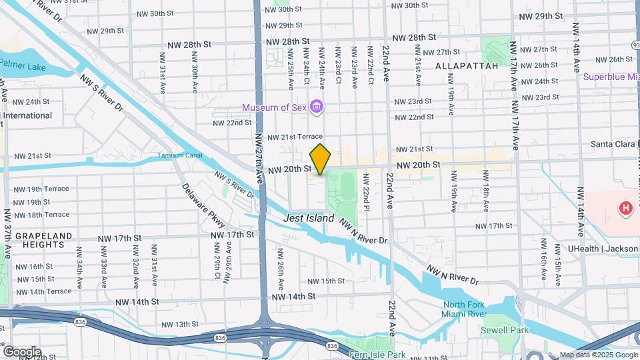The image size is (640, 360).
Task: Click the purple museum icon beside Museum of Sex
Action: point(317,107)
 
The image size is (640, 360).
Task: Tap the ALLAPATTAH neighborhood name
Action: point(467,66)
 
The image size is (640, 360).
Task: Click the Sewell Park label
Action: point(505,330)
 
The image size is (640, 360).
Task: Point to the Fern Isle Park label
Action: point(377,355)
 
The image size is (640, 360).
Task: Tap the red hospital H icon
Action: point(625,209)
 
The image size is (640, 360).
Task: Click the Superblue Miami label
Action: point(611,77)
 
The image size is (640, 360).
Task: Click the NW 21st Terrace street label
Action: point(295,137)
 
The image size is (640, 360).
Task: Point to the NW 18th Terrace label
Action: point(41,215)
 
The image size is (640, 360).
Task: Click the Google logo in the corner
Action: point(21,351)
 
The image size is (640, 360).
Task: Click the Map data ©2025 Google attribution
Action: point(598,355)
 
